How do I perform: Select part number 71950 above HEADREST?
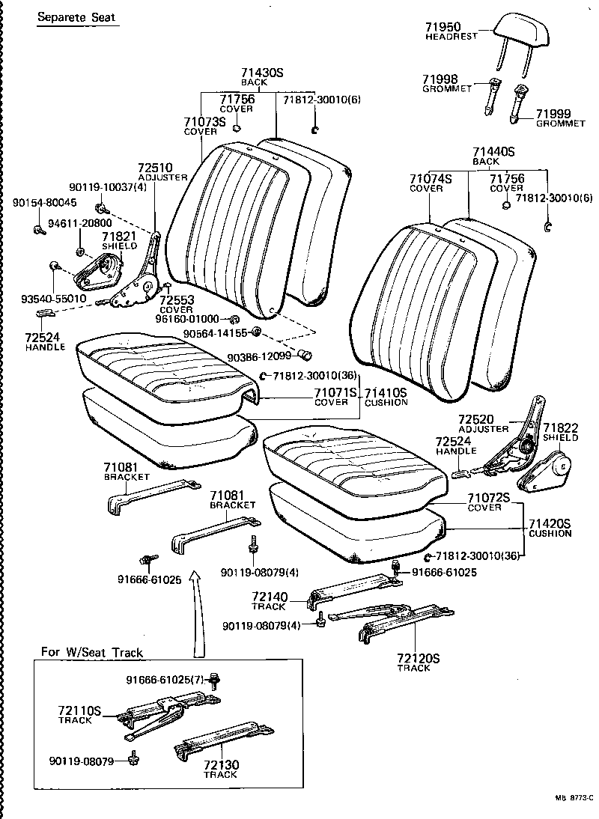coord(441,27)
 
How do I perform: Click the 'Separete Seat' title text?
coord(77,16)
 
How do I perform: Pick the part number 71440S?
coord(493,151)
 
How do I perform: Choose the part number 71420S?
coord(550,523)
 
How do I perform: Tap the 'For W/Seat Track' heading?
coord(92,652)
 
